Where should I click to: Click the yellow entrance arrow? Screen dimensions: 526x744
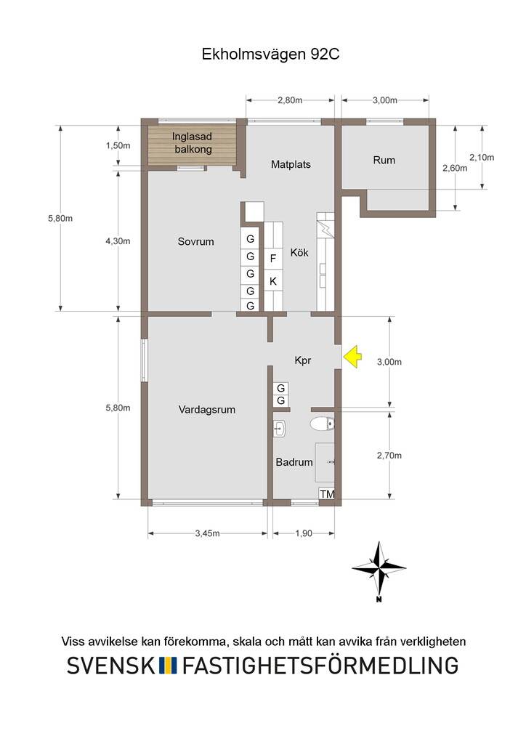click(352, 357)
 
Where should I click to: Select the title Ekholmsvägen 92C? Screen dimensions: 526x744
click(270, 54)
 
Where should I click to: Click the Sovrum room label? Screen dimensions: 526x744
click(195, 241)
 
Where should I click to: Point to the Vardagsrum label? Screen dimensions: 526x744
click(207, 410)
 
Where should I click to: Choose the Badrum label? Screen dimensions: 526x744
click(294, 462)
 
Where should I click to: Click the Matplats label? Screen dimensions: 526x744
click(291, 165)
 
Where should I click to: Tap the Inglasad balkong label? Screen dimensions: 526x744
click(192, 143)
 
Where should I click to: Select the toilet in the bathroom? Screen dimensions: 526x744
click(322, 424)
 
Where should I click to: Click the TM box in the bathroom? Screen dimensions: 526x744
click(327, 494)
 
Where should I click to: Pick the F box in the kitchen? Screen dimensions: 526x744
click(272, 259)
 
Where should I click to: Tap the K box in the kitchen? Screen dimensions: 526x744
click(272, 281)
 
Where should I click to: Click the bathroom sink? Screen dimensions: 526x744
click(279, 429)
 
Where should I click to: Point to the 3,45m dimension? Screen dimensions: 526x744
click(208, 533)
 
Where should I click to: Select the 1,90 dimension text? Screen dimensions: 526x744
click(304, 533)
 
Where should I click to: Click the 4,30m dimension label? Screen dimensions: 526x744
click(118, 241)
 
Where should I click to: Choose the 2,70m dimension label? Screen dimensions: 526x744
click(389, 456)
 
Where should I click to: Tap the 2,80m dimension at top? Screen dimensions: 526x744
click(290, 100)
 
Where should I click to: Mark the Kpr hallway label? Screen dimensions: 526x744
click(303, 360)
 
